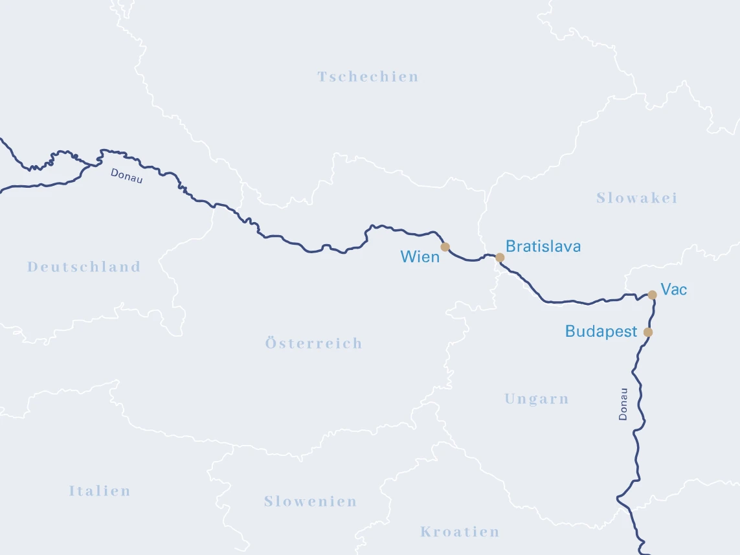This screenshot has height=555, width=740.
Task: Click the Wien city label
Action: click(420, 256)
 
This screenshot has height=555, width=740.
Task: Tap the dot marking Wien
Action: click(445, 247)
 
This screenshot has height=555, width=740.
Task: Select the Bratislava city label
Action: click(543, 246)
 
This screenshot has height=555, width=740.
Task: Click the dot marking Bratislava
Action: click(500, 257)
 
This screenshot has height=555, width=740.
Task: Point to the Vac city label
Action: click(673, 289)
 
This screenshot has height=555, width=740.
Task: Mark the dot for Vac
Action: click(652, 295)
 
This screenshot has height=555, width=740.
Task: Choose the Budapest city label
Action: click(601, 332)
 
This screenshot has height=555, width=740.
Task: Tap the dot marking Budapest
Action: click(648, 332)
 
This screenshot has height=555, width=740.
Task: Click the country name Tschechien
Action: click(368, 77)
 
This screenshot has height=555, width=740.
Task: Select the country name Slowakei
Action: click(636, 198)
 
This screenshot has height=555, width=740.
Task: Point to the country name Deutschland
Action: click(84, 267)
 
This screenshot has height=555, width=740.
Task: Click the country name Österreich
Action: click(313, 343)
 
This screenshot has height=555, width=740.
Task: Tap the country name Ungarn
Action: click(536, 399)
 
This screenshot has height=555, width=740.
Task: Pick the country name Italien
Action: click(100, 491)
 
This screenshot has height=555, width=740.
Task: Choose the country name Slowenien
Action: click(310, 501)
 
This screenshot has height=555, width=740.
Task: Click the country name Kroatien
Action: click(460, 532)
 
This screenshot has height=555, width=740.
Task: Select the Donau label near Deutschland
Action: click(126, 176)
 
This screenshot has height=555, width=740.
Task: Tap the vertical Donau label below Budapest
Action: click(623, 404)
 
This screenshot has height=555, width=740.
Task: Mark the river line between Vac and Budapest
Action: click(651, 314)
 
